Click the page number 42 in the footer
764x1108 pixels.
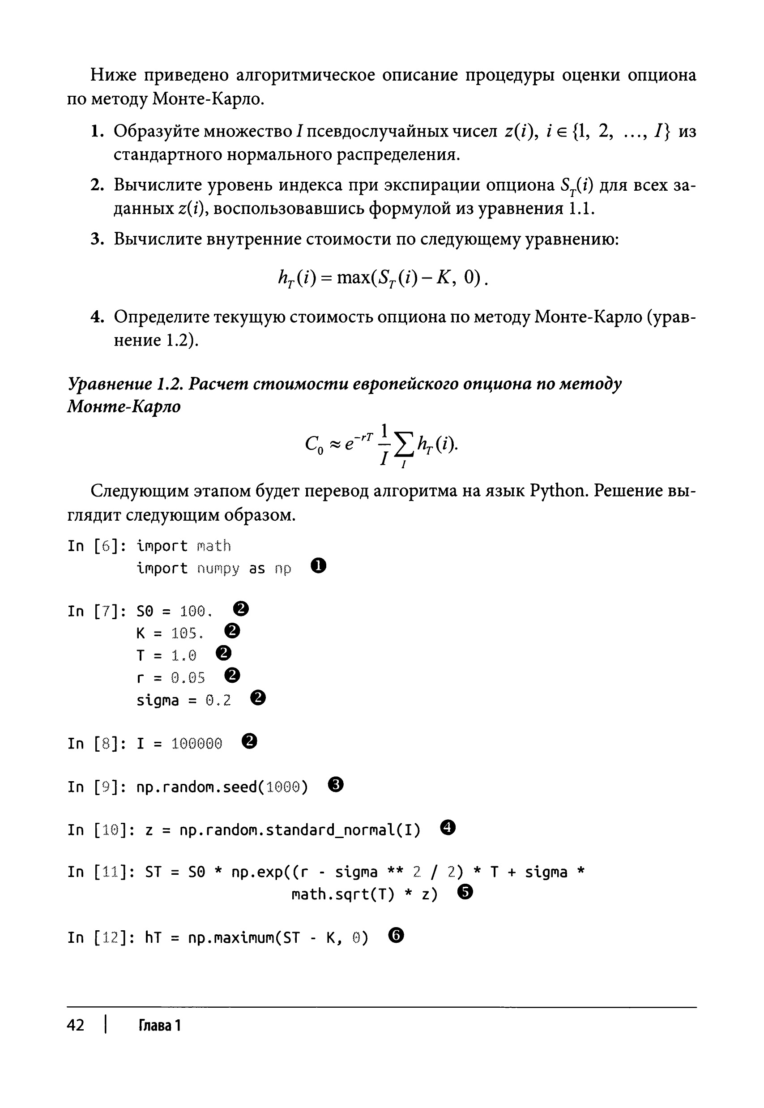(76, 1025)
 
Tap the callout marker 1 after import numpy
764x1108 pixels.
(318, 566)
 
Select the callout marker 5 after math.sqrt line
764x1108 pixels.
(465, 892)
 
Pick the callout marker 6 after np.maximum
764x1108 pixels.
(397, 935)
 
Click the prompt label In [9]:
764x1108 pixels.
(97, 787)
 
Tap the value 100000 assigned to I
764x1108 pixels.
(197, 744)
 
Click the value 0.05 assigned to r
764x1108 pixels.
(188, 677)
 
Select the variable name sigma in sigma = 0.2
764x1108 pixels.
(158, 701)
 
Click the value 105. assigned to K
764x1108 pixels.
(188, 633)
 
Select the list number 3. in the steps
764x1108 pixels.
(97, 239)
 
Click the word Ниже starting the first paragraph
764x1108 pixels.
(113, 75)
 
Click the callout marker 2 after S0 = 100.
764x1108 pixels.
(241, 609)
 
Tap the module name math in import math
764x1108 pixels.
(213, 545)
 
